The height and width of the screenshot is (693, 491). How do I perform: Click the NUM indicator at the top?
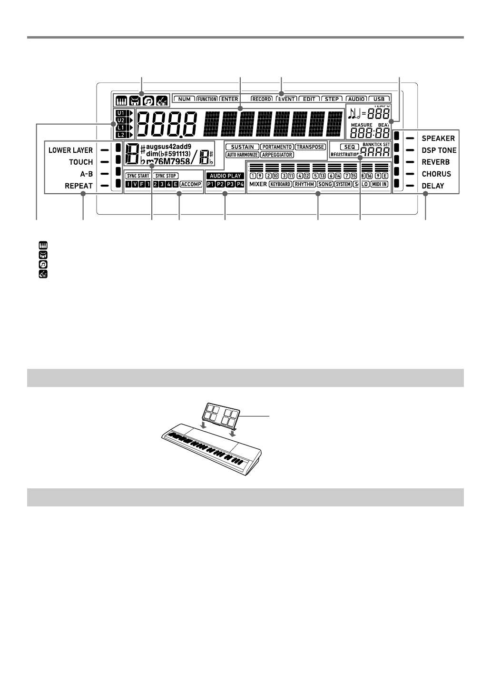click(185, 99)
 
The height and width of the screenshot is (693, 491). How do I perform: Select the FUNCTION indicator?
click(207, 99)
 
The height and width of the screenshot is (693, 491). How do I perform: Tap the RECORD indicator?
click(262, 99)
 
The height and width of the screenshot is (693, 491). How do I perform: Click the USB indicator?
click(379, 99)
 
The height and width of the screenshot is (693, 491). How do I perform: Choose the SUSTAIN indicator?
click(242, 147)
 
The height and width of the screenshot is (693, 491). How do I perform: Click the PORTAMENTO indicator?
click(277, 147)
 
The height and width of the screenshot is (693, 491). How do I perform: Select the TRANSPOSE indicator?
click(310, 147)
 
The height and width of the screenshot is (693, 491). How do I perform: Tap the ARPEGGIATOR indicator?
click(277, 155)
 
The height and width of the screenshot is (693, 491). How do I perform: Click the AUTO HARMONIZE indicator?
click(242, 155)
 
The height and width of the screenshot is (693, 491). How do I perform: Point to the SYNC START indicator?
click(138, 176)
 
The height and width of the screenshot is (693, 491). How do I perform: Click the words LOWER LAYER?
click(70, 150)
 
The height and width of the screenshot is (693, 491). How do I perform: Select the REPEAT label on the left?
click(79, 186)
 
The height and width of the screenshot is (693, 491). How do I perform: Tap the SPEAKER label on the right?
click(438, 139)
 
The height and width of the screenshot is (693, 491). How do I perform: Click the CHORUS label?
click(436, 174)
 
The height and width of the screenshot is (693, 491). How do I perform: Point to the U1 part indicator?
click(120, 113)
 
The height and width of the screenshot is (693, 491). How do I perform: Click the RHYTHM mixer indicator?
click(304, 184)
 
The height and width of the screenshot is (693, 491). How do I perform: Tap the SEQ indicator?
click(350, 147)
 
